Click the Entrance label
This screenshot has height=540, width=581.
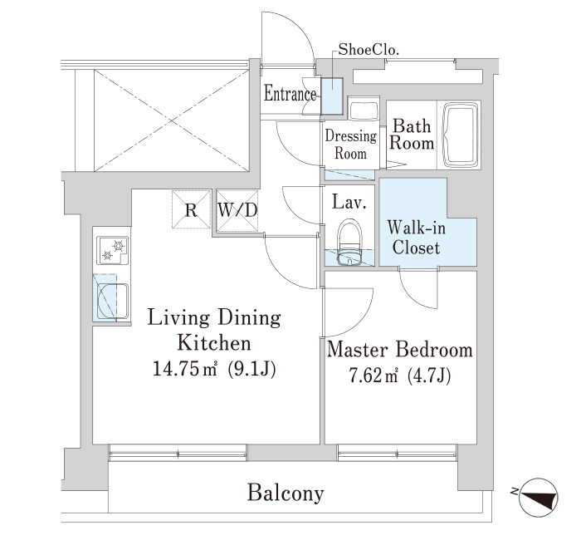point(290,94)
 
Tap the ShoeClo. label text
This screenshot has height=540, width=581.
point(369,49)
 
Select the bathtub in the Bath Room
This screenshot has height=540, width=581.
point(463,135)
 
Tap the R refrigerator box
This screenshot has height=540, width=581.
point(191,209)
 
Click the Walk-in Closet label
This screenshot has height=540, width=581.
point(415,236)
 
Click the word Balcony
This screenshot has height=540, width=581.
point(285,493)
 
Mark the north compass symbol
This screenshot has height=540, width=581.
point(539,496)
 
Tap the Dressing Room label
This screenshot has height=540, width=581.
point(351,145)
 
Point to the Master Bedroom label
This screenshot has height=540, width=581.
point(400,350)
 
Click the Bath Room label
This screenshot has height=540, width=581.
point(413,135)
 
